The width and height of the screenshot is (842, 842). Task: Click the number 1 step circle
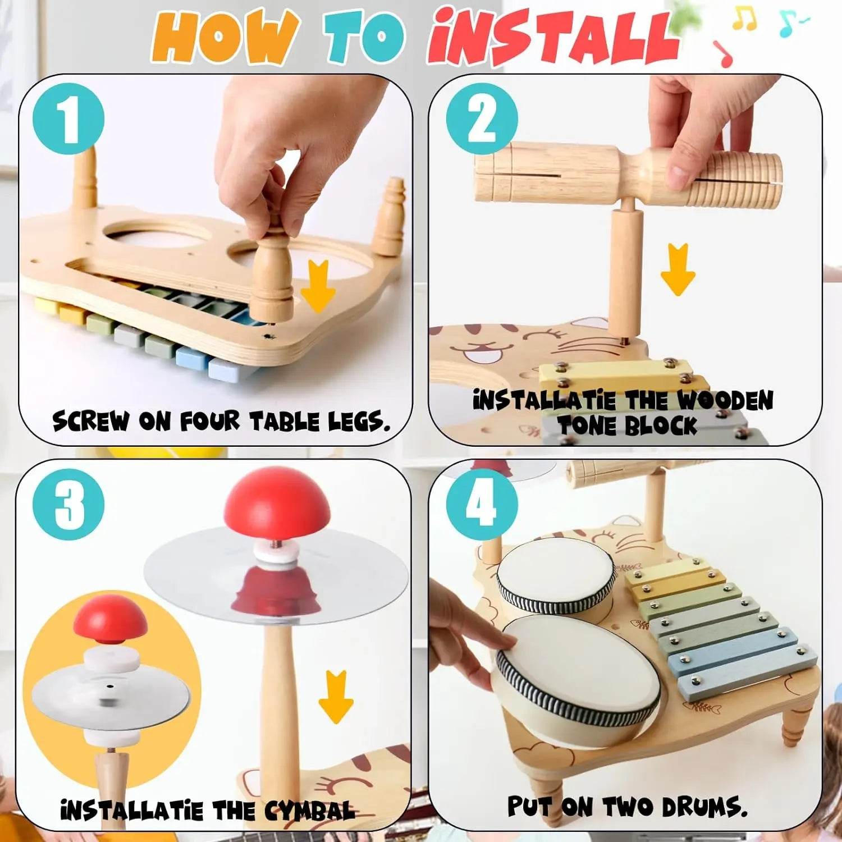[68, 119]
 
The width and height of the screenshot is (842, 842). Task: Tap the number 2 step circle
[482, 119]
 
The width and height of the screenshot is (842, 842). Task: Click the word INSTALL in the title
[553, 38]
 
